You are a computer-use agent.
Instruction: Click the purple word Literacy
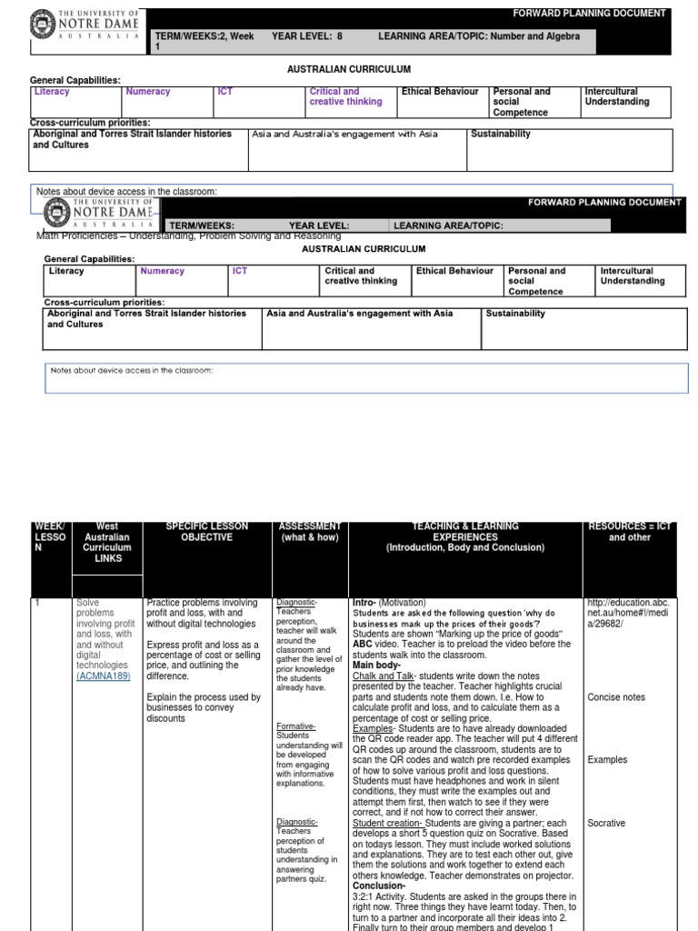[52, 92]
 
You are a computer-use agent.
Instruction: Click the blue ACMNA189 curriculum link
[103, 676]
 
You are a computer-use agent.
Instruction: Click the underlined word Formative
[294, 726]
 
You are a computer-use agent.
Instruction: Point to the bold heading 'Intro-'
[364, 603]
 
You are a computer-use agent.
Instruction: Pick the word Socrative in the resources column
[607, 824]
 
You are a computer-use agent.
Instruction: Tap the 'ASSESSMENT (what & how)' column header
[310, 532]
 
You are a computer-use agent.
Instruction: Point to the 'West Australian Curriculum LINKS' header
[107, 543]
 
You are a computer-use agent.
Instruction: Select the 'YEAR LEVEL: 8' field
[306, 35]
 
